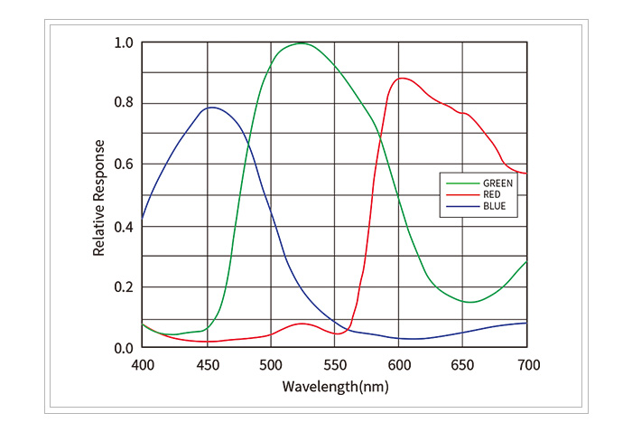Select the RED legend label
tap(492, 194)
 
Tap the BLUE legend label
tap(494, 207)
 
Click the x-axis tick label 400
tap(143, 364)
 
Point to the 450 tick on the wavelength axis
tap(207, 364)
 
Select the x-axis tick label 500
tap(271, 364)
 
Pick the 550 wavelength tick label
tap(335, 364)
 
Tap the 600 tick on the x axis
tap(399, 364)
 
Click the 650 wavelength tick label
tap(463, 364)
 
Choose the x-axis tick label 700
tap(527, 364)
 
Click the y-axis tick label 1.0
tap(124, 42)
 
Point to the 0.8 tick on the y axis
tap(124, 103)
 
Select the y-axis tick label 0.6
tap(124, 164)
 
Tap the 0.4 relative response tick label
tap(124, 226)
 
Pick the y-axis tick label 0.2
tap(124, 287)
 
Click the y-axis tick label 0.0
tap(124, 348)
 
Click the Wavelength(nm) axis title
tap(335, 386)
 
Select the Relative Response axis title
tap(99, 196)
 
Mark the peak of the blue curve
tap(211, 108)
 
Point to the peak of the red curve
tap(403, 78)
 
